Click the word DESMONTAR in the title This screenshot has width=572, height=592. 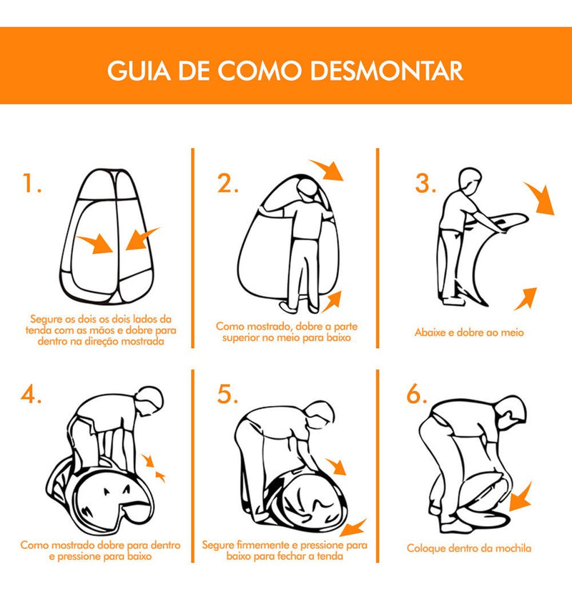point(388,70)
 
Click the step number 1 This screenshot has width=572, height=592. point(31,183)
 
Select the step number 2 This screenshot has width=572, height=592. point(227,183)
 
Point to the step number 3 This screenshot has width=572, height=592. point(425,183)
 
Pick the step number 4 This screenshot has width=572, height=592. point(31,395)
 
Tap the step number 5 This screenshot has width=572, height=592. point(227,395)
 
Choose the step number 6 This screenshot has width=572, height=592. point(417,395)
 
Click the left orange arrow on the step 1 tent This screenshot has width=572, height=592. point(95,243)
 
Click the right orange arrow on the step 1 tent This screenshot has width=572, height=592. point(142,239)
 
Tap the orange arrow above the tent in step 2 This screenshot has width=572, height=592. point(327,169)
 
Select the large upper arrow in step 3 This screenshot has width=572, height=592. point(541,198)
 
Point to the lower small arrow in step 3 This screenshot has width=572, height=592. point(526,299)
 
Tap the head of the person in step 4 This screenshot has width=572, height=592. point(151,400)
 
